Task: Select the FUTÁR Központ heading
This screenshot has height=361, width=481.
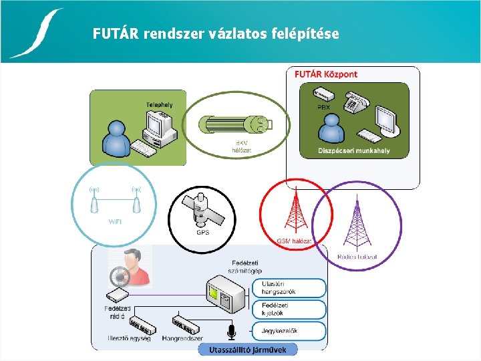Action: (x=326, y=74)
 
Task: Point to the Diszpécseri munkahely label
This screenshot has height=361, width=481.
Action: (x=354, y=151)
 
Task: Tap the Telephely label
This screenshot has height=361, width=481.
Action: (x=160, y=105)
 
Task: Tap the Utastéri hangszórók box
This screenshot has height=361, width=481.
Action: (x=289, y=288)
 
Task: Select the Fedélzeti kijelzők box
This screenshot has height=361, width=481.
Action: (x=289, y=309)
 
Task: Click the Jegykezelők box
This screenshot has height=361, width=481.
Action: (x=289, y=330)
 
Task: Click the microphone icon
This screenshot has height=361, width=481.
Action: (x=232, y=331)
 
